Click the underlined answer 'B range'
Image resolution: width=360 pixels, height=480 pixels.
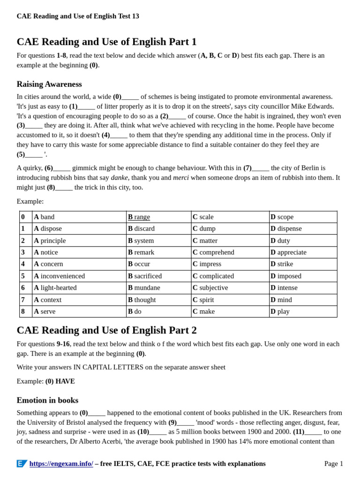139,217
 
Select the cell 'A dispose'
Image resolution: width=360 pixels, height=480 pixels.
48,229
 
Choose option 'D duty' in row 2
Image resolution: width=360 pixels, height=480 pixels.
280,240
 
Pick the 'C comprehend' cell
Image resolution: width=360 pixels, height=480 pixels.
213,252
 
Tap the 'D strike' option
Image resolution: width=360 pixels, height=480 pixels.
281,264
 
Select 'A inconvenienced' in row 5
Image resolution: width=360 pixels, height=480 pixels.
60,276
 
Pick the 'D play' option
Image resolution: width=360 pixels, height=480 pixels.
280,312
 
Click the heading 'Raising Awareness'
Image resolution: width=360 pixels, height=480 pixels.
49,84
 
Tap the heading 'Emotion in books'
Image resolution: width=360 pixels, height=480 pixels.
47,400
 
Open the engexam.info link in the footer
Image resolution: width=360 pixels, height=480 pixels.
61,464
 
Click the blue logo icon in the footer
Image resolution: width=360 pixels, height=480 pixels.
22,464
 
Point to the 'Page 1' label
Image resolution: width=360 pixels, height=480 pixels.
333,464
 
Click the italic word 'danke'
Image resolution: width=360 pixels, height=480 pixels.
119,178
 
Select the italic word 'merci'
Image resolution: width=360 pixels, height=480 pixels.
181,178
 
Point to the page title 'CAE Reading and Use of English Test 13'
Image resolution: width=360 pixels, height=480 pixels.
78,16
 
